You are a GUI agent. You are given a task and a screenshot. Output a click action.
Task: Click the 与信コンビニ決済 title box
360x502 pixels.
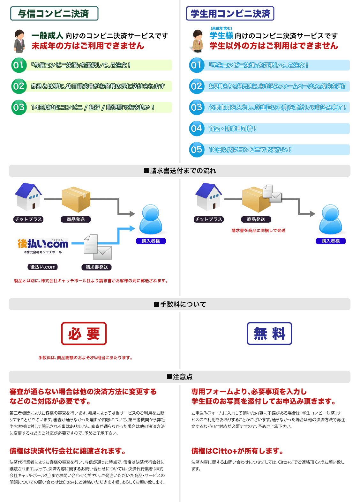(54, 14)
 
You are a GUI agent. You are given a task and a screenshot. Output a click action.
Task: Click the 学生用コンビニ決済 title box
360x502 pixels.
(230, 14)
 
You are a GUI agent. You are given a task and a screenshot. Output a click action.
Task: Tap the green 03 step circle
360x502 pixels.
(19, 107)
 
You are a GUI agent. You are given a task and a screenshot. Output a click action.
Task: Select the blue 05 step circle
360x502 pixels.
(197, 150)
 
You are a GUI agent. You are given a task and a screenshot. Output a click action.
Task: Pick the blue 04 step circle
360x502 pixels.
(197, 129)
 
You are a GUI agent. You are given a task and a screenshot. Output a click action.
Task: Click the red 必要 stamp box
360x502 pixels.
(84, 334)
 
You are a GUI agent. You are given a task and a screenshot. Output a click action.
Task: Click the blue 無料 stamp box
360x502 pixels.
(269, 334)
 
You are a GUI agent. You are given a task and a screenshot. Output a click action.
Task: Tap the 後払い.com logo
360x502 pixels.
(43, 244)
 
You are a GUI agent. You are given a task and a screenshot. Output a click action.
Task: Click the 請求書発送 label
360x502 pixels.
(97, 267)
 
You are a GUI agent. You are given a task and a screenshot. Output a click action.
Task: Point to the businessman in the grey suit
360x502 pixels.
(19, 41)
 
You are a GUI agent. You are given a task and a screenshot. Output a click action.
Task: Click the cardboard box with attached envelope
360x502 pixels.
(260, 199)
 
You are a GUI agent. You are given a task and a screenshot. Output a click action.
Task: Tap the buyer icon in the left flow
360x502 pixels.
(151, 219)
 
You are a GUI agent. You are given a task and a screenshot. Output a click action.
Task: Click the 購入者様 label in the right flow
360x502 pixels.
(331, 241)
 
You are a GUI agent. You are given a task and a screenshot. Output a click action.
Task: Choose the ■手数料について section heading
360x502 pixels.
(180, 304)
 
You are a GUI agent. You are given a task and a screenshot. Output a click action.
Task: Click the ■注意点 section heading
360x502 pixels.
(180, 377)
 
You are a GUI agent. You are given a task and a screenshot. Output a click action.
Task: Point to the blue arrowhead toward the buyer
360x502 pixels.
(132, 228)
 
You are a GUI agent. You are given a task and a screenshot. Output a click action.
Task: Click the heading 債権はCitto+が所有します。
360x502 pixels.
(237, 451)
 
